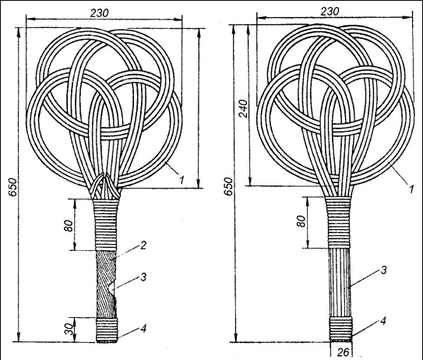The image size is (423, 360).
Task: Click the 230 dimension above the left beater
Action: pyautogui.click(x=99, y=13)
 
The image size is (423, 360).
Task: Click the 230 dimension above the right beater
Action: pyautogui.click(x=330, y=12)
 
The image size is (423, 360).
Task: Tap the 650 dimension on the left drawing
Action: pyautogui.click(x=12, y=187)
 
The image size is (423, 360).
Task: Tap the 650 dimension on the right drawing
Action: pyautogui.click(x=228, y=186)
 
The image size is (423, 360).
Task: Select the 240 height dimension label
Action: pyautogui.click(x=243, y=108)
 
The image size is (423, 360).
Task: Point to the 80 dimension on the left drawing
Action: pyautogui.click(x=69, y=226)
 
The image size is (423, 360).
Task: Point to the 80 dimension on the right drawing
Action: pyautogui.click(x=301, y=221)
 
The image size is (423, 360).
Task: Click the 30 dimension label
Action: pyautogui.click(x=69, y=330)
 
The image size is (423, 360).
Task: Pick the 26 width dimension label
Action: pyautogui.click(x=343, y=352)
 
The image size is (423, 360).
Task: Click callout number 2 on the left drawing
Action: pyautogui.click(x=143, y=245)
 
